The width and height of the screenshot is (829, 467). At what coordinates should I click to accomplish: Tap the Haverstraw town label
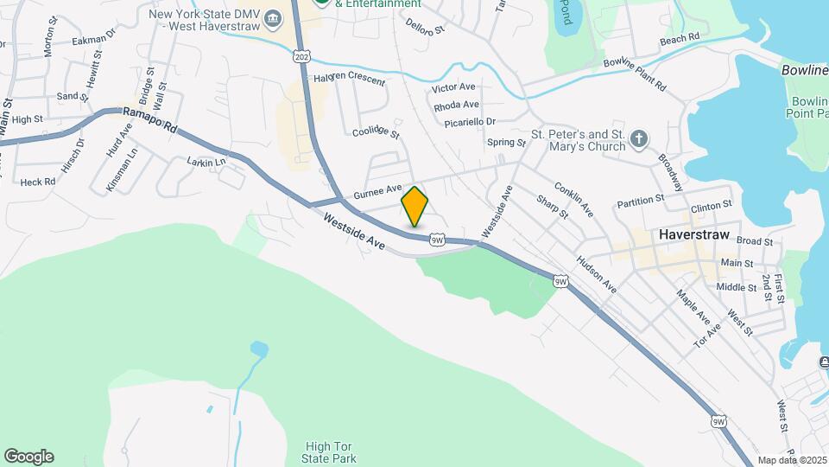point(693,234)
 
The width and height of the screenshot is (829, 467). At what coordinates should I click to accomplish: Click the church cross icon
point(638,139)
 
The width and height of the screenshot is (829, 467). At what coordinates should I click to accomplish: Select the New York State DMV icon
point(273,18)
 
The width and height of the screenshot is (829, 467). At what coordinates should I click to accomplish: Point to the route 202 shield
point(301,56)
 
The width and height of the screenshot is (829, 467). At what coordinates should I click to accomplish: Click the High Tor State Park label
point(330,452)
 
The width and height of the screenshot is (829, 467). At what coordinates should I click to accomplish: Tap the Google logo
point(28,457)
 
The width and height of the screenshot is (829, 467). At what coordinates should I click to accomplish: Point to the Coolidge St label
point(377,131)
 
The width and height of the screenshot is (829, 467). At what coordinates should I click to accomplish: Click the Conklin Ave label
point(574,199)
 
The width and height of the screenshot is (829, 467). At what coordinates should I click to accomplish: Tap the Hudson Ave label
point(597,274)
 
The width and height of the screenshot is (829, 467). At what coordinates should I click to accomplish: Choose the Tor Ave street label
point(707,336)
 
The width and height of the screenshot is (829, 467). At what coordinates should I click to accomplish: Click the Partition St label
point(640,203)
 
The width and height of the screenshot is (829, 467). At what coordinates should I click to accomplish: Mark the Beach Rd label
point(679,40)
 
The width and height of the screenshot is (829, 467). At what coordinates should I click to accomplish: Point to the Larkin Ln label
point(206,162)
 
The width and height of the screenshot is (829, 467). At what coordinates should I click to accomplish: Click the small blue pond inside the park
point(258,349)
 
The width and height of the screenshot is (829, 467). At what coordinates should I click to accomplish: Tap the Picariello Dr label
point(470,122)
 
